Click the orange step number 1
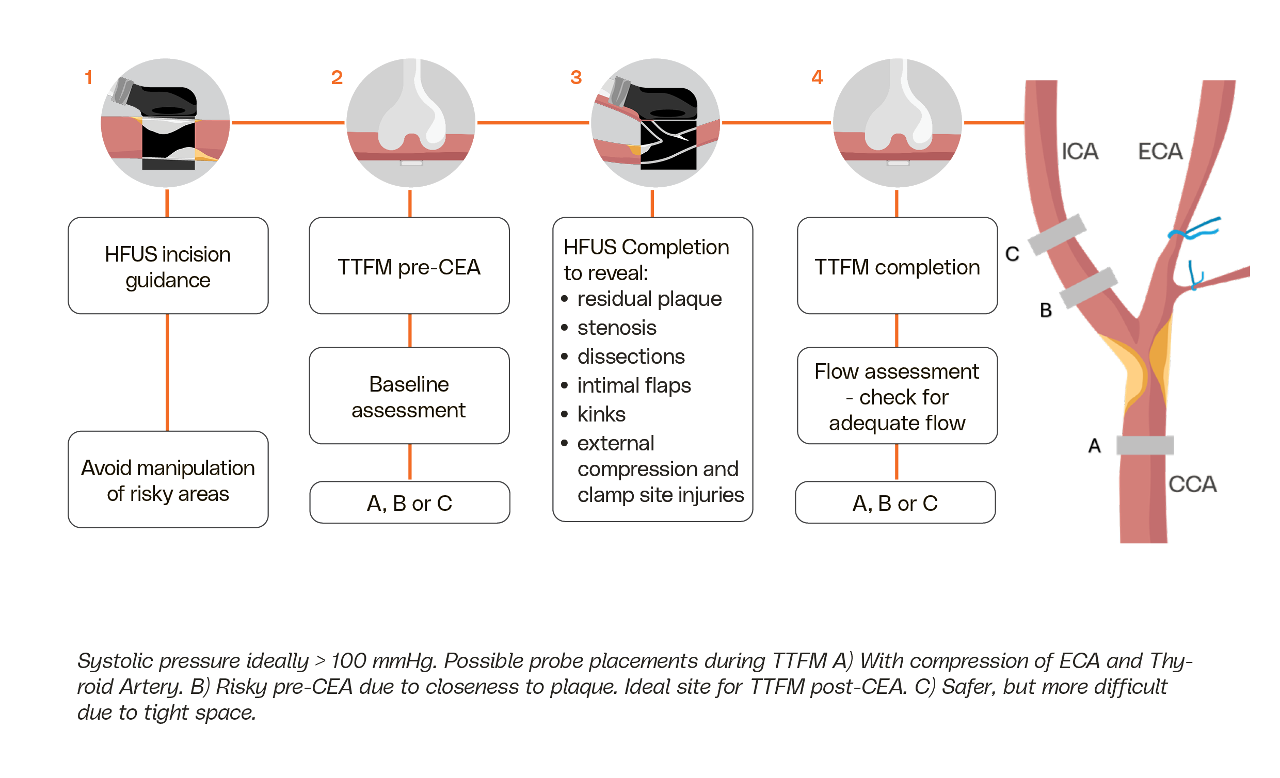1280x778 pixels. point(88,77)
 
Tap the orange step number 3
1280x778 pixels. point(575,77)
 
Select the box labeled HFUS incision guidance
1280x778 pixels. point(168,265)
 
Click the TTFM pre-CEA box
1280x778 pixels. point(409,265)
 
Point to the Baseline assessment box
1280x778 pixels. point(409,396)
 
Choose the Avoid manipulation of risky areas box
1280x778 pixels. point(168,479)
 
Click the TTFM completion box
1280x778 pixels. point(897,265)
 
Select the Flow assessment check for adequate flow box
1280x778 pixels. point(897,396)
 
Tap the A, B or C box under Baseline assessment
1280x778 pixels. point(409,503)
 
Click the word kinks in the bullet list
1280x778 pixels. point(601,414)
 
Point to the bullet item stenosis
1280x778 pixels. point(617,328)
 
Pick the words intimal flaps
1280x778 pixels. point(634,385)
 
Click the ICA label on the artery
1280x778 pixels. point(1079,152)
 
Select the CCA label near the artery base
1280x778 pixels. point(1192,484)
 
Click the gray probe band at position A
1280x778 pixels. point(1144,446)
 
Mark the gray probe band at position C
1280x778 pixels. point(1057,234)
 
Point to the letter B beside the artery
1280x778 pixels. point(1046,311)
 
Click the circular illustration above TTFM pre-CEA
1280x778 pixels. point(410,123)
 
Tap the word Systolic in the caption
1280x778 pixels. point(115,661)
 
